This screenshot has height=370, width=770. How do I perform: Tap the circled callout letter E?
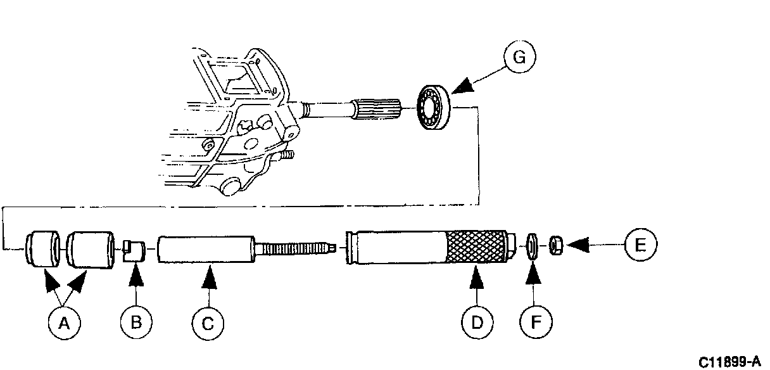640,244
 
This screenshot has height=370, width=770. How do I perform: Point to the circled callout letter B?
136,324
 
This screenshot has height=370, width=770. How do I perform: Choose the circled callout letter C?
208,324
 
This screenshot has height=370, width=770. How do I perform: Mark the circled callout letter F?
534,324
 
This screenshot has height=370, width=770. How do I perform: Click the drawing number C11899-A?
729,362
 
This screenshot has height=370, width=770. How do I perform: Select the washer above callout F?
533,246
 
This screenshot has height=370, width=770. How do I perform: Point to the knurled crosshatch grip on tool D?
475,248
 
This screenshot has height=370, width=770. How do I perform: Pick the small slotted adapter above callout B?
134,250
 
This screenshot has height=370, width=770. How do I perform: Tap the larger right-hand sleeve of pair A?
90,250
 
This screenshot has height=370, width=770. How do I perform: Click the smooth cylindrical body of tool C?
205,251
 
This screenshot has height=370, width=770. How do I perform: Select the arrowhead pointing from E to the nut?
578,243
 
